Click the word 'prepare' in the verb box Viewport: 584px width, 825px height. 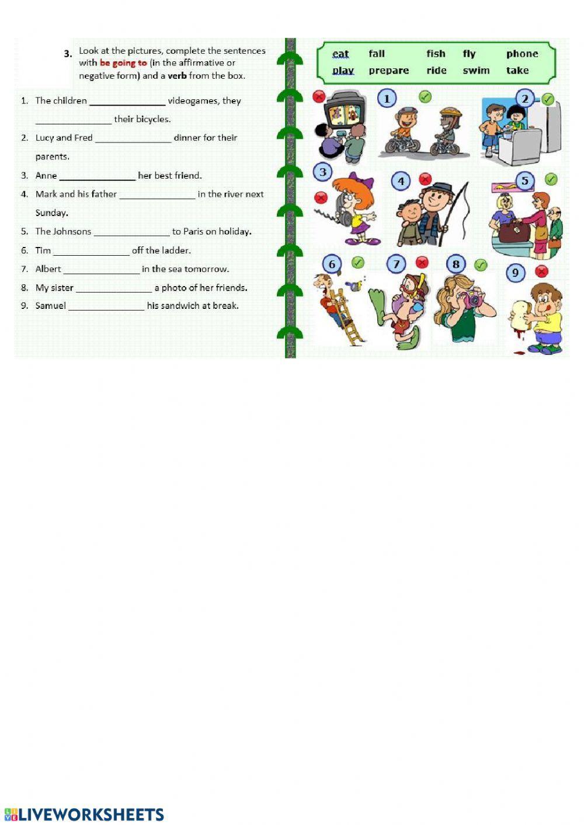click(x=388, y=71)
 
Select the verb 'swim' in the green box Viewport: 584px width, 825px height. click(x=476, y=71)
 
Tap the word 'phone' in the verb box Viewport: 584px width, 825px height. click(x=522, y=54)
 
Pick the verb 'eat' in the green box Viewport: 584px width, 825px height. click(x=340, y=54)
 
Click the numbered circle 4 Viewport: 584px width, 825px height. click(x=401, y=182)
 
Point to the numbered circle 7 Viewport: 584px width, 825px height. click(x=396, y=264)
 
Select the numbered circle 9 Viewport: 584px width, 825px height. click(x=515, y=273)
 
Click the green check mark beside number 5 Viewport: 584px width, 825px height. click(x=550, y=179)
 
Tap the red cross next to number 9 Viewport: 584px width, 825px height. click(x=541, y=271)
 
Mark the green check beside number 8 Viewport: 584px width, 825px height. click(x=480, y=265)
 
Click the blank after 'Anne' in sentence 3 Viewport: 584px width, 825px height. click(x=97, y=176)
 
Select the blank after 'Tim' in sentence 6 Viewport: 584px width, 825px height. click(x=91, y=251)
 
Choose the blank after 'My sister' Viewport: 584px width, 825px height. click(x=114, y=288)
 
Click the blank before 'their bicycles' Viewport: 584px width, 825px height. click(x=73, y=120)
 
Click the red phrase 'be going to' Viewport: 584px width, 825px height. click(x=123, y=63)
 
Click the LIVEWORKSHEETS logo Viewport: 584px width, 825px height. click(x=84, y=814)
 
